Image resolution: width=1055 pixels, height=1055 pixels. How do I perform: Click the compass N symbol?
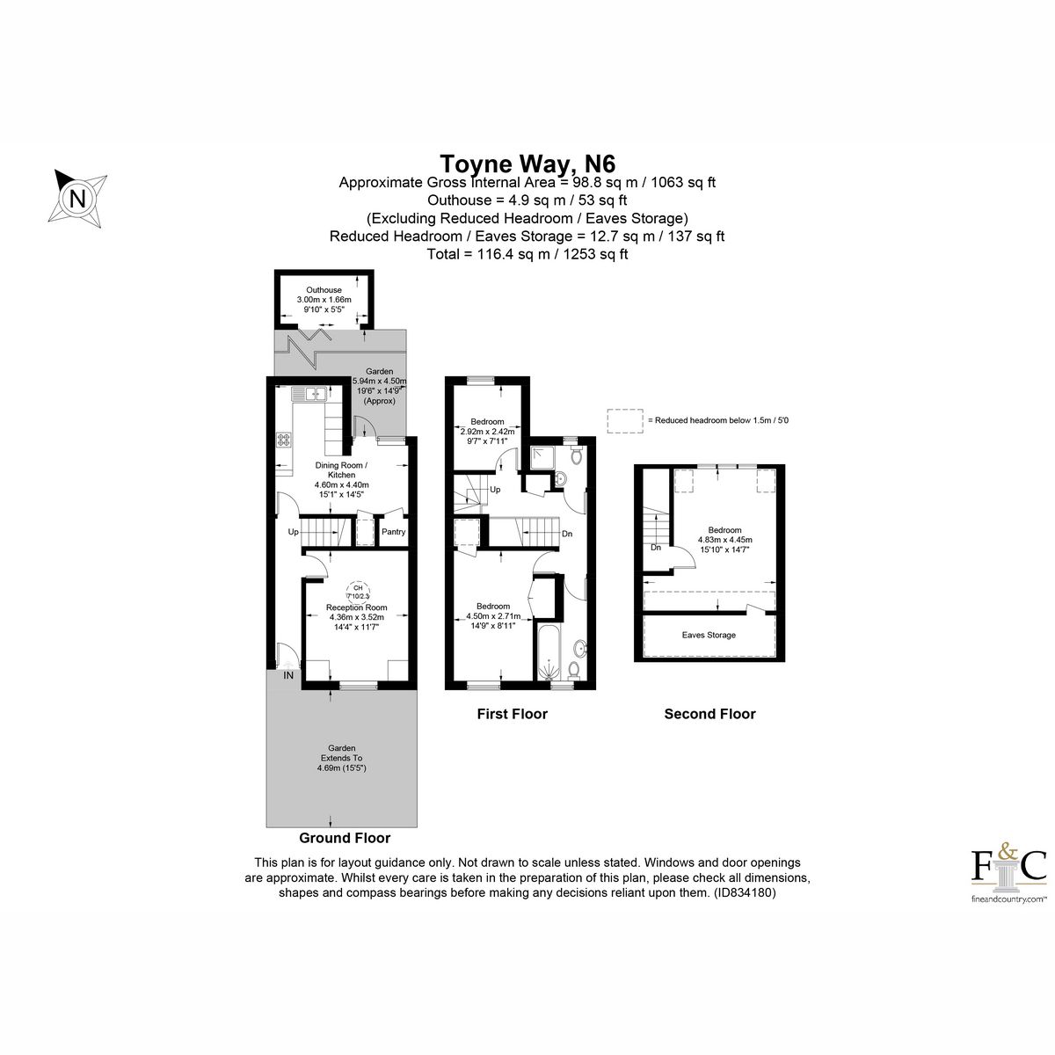pos(78,197)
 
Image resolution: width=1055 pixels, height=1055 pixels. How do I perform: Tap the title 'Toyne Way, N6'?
pos(527,164)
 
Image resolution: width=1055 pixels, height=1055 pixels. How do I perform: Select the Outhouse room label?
pos(324,290)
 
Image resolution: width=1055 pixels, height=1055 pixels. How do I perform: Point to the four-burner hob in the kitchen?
pos(284,438)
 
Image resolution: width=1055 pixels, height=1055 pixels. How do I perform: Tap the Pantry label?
pos(393,532)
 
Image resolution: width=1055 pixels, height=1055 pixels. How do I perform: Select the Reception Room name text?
pos(356,608)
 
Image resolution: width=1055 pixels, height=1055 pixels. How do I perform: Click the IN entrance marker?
pos(288,675)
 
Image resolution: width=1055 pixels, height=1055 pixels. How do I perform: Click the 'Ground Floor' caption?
pos(345,838)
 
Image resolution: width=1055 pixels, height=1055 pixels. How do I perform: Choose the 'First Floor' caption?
pos(512,714)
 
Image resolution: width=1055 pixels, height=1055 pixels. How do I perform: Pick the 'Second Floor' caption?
pos(709,714)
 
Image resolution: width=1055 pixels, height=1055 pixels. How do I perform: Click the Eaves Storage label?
pos(709,635)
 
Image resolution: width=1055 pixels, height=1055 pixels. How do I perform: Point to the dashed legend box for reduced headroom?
pos(623,421)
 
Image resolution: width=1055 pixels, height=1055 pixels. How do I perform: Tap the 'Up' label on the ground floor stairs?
pos(293,532)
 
